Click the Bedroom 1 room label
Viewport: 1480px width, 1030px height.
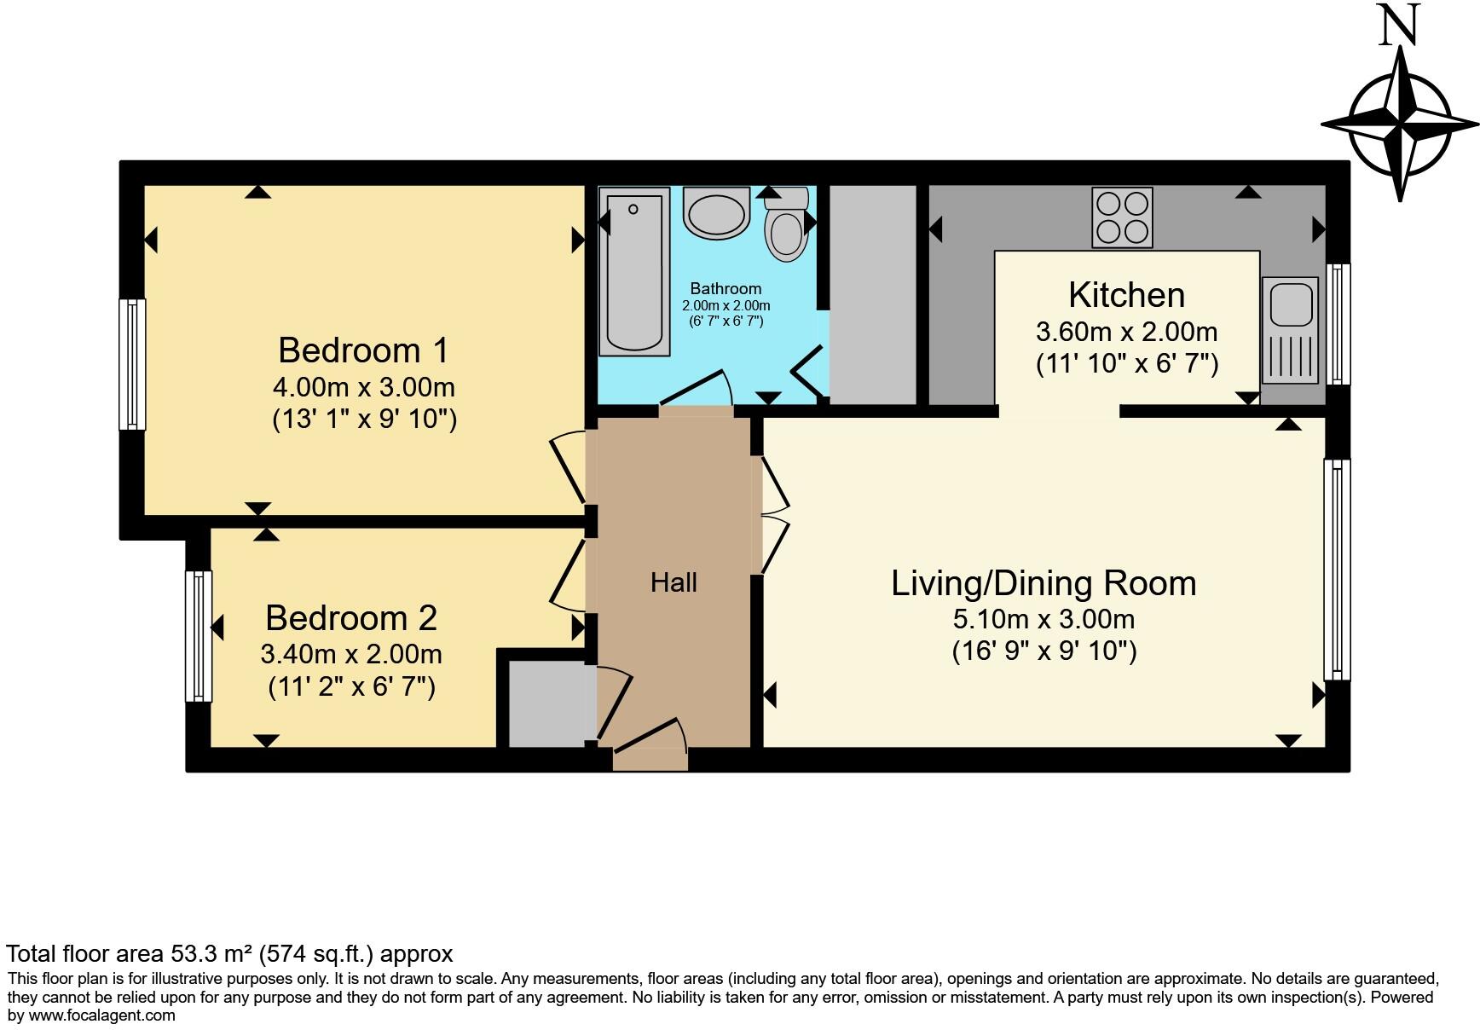363,350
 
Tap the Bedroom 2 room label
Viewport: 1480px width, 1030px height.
351,618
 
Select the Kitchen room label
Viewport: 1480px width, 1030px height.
1126,295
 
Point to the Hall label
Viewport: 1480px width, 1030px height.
674,582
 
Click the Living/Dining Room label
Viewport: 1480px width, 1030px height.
1044,584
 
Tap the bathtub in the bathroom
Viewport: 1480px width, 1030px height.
634,272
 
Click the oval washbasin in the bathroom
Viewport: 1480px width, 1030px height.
717,214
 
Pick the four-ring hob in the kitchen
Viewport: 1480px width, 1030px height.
1123,218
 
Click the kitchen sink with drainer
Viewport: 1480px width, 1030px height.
1291,330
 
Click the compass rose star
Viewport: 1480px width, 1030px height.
1400,124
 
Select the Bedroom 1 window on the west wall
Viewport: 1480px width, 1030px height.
132,364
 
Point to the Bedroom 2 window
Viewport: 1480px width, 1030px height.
199,636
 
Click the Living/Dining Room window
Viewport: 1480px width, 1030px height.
1337,570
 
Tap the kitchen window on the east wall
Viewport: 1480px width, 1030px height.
1337,324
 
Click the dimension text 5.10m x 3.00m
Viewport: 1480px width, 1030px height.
1044,619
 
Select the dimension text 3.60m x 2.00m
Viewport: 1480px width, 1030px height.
1126,332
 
